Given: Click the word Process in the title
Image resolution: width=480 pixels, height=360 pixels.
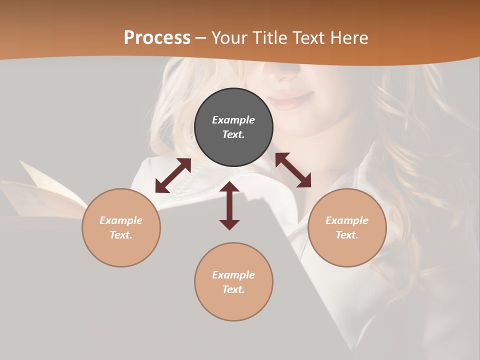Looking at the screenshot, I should pos(157,38).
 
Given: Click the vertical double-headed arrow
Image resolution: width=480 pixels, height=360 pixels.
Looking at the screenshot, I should pos(229,205).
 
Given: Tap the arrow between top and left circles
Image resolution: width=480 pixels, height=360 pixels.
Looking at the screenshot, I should pos(173,175).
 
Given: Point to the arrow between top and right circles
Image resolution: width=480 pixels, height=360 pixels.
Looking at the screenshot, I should pos(293,170).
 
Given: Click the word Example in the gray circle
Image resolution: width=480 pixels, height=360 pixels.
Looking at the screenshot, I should pos(233,120).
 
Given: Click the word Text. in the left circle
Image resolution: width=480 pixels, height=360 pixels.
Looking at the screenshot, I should pos(121,235).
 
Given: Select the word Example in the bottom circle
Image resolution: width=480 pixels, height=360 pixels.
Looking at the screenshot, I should pos(233,275).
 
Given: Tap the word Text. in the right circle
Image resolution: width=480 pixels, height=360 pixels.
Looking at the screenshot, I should pos(347,235).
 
